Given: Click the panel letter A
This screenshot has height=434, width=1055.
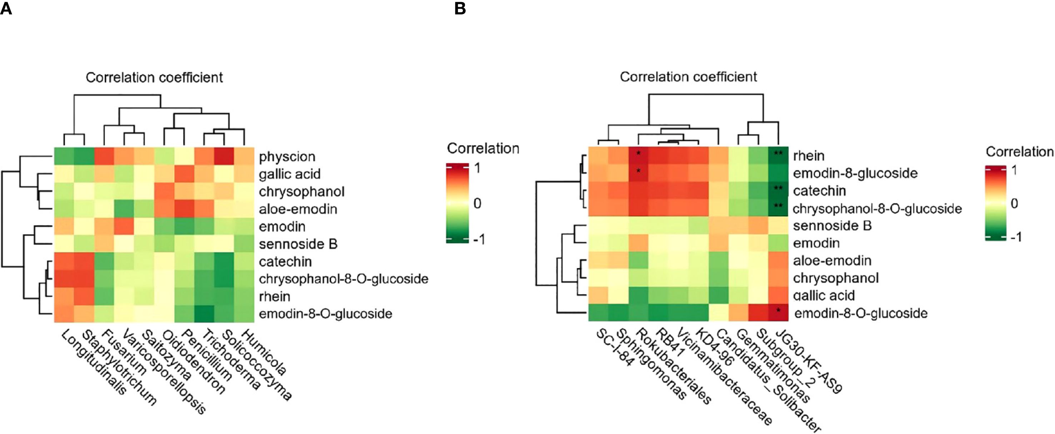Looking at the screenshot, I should [6, 8].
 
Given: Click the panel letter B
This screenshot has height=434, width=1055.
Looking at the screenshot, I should [460, 8].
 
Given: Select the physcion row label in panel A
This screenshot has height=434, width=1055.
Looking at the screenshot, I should [287, 157].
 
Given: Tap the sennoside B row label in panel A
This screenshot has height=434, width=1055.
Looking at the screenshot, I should [298, 244].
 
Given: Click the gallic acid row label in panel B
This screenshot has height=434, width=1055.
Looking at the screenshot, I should [824, 296].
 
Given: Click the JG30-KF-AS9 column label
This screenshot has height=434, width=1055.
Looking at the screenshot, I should [809, 361].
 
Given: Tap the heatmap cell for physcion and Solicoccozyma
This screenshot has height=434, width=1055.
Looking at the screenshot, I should [224, 156].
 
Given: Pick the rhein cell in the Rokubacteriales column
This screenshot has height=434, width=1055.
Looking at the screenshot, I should [639, 155].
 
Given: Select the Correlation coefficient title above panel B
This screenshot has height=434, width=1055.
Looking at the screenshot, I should [688, 77].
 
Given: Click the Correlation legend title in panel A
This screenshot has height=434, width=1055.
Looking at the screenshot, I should [483, 148].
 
